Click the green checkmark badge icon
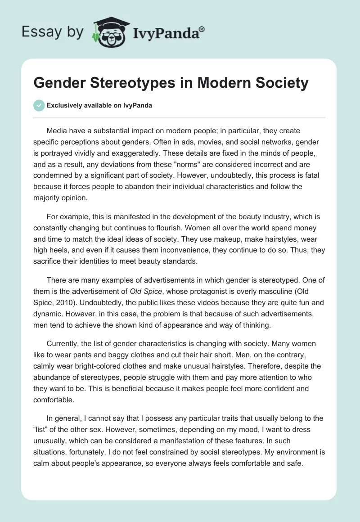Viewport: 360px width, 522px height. (39, 105)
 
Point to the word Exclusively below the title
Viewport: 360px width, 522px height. (64, 105)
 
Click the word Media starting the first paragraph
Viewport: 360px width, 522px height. (57, 131)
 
